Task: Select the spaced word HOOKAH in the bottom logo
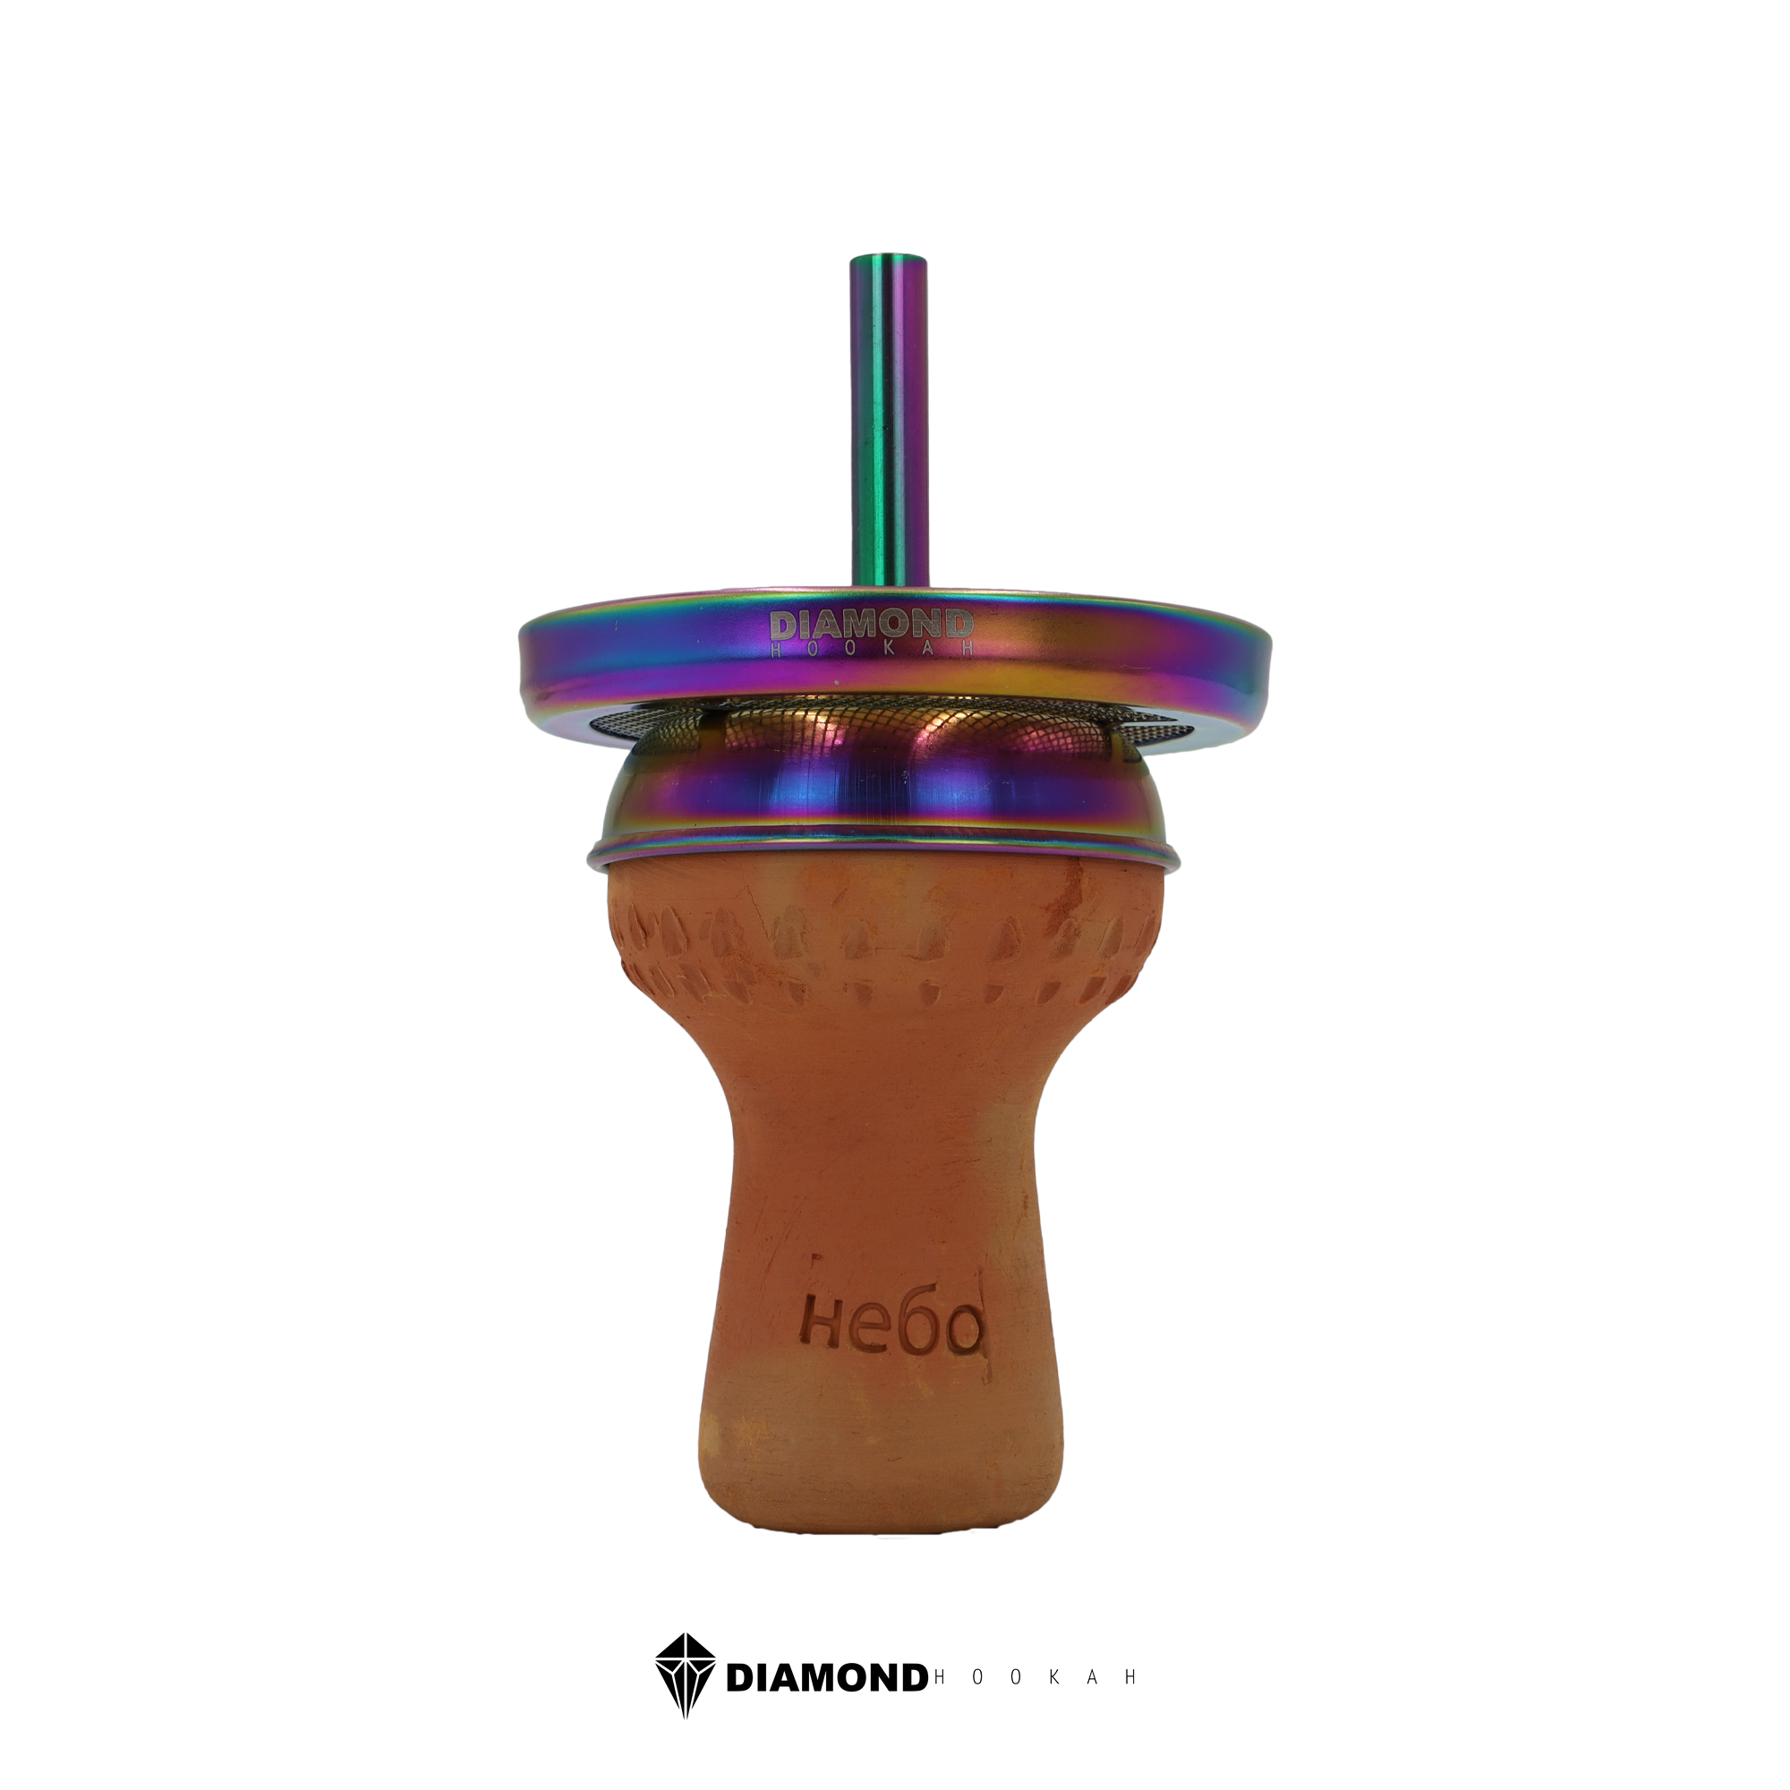pyautogui.click(x=1036, y=1678)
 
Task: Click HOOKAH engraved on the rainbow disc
pyautogui.click(x=872, y=649)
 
